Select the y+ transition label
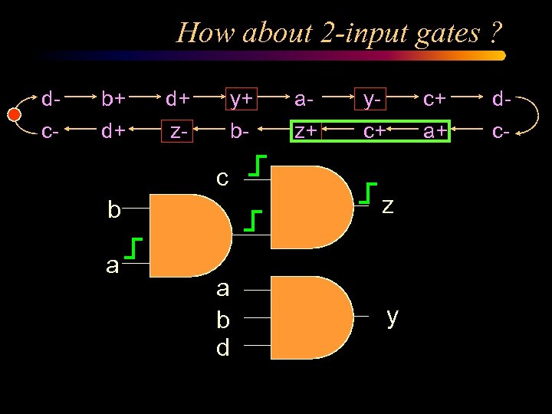point(242,98)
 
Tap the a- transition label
point(304,98)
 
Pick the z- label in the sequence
point(179,132)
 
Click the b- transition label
point(240,131)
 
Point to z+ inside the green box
point(307,131)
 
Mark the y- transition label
point(373,98)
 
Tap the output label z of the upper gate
point(388,205)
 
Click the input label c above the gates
point(222,179)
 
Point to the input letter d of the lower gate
point(222,348)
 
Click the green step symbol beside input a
point(136,249)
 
